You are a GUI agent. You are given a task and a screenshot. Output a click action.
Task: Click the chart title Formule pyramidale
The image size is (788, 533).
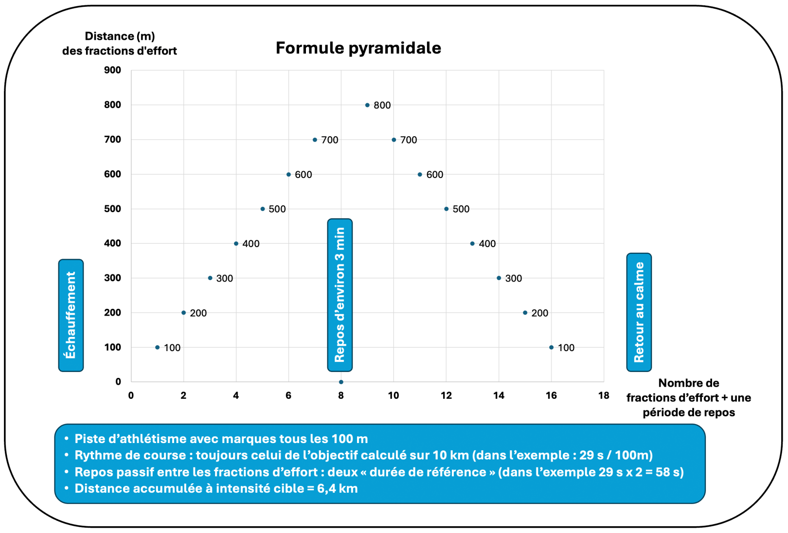pyautogui.click(x=358, y=48)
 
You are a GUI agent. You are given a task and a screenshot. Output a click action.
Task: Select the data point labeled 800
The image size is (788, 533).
pyautogui.click(x=367, y=105)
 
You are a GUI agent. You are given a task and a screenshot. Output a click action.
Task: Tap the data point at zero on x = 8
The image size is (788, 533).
pyautogui.click(x=341, y=382)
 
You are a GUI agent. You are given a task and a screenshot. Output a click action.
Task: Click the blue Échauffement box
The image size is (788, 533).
pyautogui.click(x=71, y=316)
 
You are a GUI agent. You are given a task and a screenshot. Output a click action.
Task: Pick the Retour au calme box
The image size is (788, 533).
pyautogui.click(x=639, y=312)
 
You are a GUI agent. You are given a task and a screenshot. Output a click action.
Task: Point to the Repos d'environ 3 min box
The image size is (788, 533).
pyautogui.click(x=340, y=295)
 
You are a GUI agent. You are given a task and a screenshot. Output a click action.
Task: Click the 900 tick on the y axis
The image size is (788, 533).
pyautogui.click(x=112, y=70)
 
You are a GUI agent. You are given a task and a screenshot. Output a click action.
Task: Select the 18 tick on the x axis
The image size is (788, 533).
pyautogui.click(x=604, y=396)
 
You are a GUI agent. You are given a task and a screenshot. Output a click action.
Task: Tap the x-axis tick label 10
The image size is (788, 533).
pyautogui.click(x=394, y=396)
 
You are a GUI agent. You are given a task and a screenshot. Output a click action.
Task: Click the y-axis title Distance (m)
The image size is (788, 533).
pyautogui.click(x=120, y=36)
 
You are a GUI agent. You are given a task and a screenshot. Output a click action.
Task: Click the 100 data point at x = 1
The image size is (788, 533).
pyautogui.click(x=157, y=348)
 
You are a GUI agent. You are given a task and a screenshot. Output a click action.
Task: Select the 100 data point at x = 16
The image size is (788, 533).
pyautogui.click(x=551, y=348)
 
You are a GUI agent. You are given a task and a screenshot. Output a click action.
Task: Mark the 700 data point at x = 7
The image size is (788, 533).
pyautogui.click(x=315, y=140)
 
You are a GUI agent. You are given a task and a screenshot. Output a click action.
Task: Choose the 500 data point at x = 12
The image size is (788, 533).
pyautogui.click(x=447, y=209)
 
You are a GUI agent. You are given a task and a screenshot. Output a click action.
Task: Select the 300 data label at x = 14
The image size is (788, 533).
pyautogui.click(x=514, y=279)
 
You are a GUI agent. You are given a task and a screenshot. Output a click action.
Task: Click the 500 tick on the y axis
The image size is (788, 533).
pyautogui.click(x=112, y=209)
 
